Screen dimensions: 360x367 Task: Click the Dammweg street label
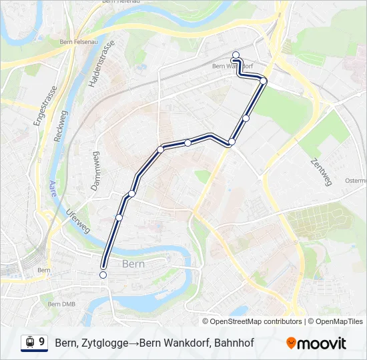(95, 171)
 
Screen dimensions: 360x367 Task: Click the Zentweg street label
(321, 171)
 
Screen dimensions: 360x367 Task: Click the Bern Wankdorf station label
(231, 66)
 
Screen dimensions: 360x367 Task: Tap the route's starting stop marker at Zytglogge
(103, 275)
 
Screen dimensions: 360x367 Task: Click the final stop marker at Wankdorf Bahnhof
(236, 55)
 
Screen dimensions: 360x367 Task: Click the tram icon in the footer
(29, 343)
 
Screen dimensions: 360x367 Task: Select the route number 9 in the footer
(42, 342)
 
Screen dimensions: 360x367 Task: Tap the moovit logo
(316, 343)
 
